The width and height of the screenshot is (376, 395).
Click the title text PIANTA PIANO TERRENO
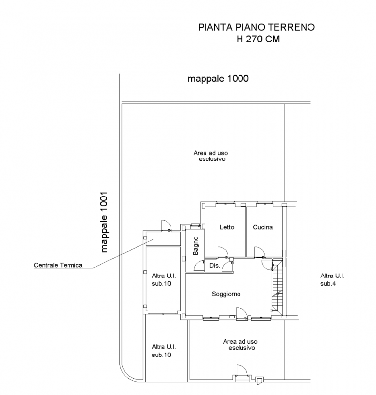click(x=256, y=27)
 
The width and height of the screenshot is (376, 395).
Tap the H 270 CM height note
click(x=258, y=39)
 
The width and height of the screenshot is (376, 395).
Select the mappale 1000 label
click(x=218, y=79)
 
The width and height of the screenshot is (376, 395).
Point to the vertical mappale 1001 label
click(x=104, y=222)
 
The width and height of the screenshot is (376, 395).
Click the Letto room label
click(x=227, y=227)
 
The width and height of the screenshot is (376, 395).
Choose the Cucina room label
click(x=263, y=227)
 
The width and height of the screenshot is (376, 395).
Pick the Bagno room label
click(x=196, y=245)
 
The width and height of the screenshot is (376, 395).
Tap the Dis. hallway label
click(x=215, y=265)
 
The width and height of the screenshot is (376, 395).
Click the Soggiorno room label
click(x=226, y=294)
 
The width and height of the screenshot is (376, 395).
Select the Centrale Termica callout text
click(x=58, y=265)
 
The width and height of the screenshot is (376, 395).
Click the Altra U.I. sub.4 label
click(x=332, y=279)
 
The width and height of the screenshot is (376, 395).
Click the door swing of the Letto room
click(x=223, y=252)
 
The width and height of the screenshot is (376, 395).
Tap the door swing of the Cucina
click(x=260, y=252)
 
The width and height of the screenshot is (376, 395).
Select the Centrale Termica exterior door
click(x=166, y=225)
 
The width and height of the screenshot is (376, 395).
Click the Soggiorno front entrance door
click(x=242, y=313)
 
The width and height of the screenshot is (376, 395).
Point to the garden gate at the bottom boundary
click(x=242, y=370)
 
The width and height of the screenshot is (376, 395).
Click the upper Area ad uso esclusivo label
click(x=211, y=156)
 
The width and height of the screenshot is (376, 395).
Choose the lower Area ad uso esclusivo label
click(x=240, y=344)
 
